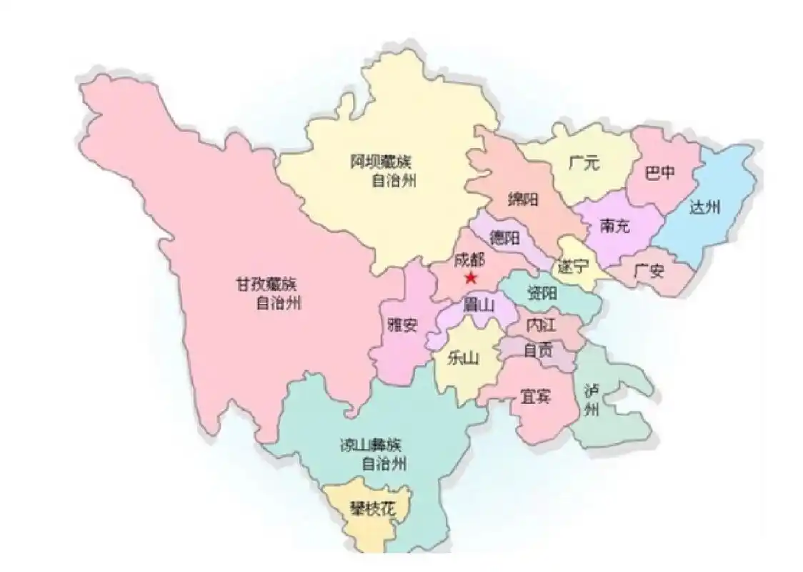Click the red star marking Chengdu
point(470,277)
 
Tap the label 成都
point(469,260)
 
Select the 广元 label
point(584,163)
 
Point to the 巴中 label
point(658,172)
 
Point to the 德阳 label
point(504,237)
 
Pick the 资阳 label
point(543,292)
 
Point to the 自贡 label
point(538,350)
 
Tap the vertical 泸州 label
point(591,400)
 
